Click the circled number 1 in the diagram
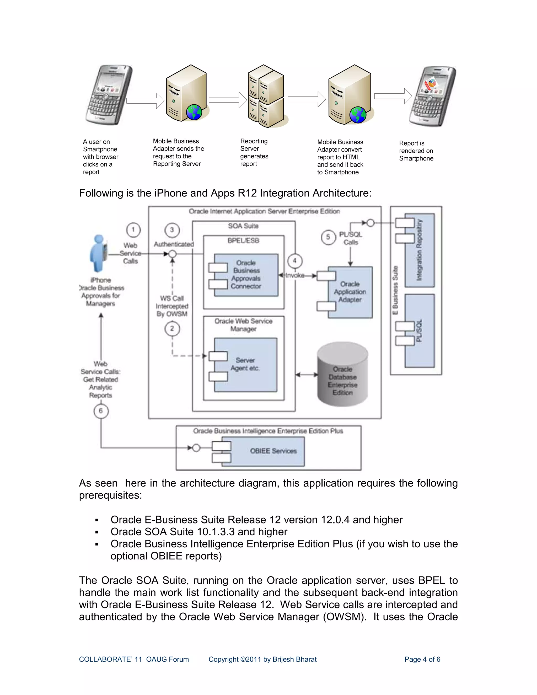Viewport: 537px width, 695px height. (133, 229)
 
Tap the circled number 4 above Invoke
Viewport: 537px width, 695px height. (294, 261)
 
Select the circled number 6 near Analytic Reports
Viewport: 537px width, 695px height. (101, 411)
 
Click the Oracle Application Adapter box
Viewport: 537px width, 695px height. (350, 292)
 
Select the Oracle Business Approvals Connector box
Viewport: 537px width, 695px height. (246, 275)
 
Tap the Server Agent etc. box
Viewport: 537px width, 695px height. (245, 364)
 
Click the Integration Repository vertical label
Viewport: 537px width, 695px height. (419, 250)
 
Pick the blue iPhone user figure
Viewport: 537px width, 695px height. (99, 253)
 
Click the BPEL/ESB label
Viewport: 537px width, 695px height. (243, 240)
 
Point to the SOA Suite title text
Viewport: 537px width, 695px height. (243, 226)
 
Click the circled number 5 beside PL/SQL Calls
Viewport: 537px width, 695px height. (328, 237)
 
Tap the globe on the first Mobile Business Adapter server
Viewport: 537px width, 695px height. (194, 112)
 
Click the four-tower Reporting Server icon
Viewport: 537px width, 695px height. (266, 96)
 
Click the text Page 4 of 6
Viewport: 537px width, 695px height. (422, 659)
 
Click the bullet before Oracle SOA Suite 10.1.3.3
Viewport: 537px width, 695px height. (97, 532)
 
